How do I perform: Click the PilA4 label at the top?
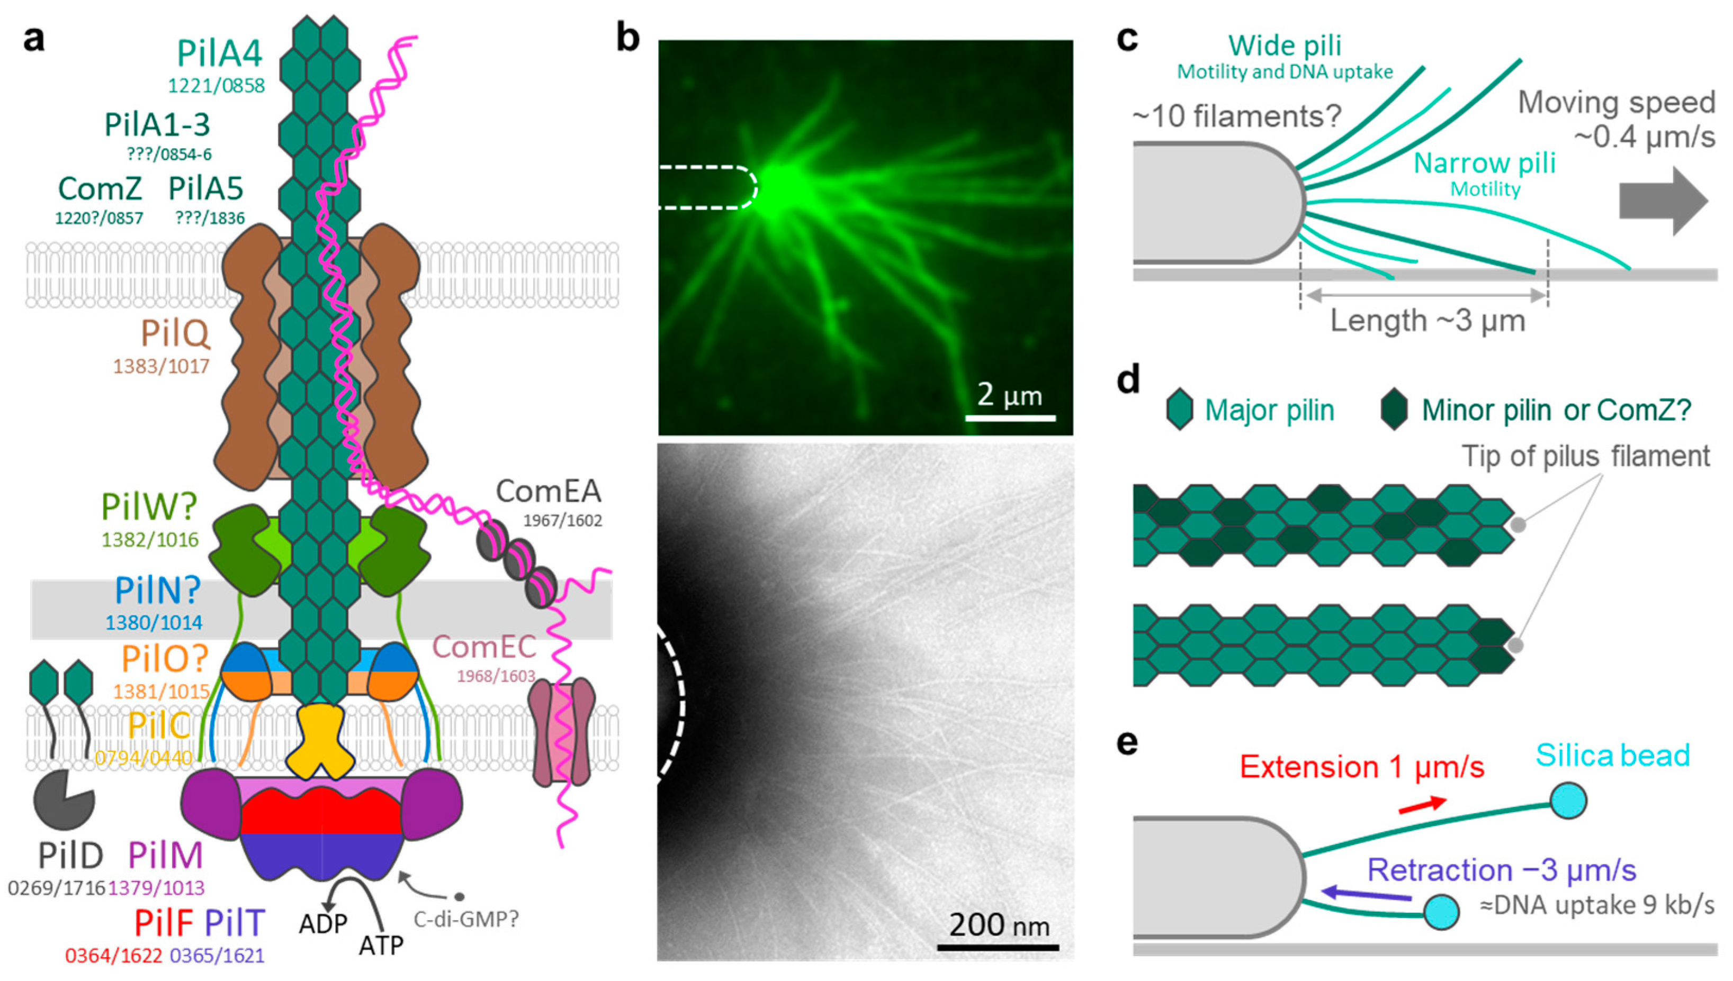point(219,54)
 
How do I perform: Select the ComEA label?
point(548,491)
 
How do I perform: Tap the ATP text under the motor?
point(381,946)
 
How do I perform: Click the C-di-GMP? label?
point(466,919)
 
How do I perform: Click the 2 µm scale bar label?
point(1009,395)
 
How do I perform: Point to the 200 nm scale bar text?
point(999,925)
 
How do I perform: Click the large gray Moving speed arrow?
point(1662,202)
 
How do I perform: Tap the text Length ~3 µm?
point(1427,321)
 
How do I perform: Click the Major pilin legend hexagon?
point(1180,409)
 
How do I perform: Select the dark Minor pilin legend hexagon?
point(1393,409)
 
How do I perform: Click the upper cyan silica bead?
point(1568,801)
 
